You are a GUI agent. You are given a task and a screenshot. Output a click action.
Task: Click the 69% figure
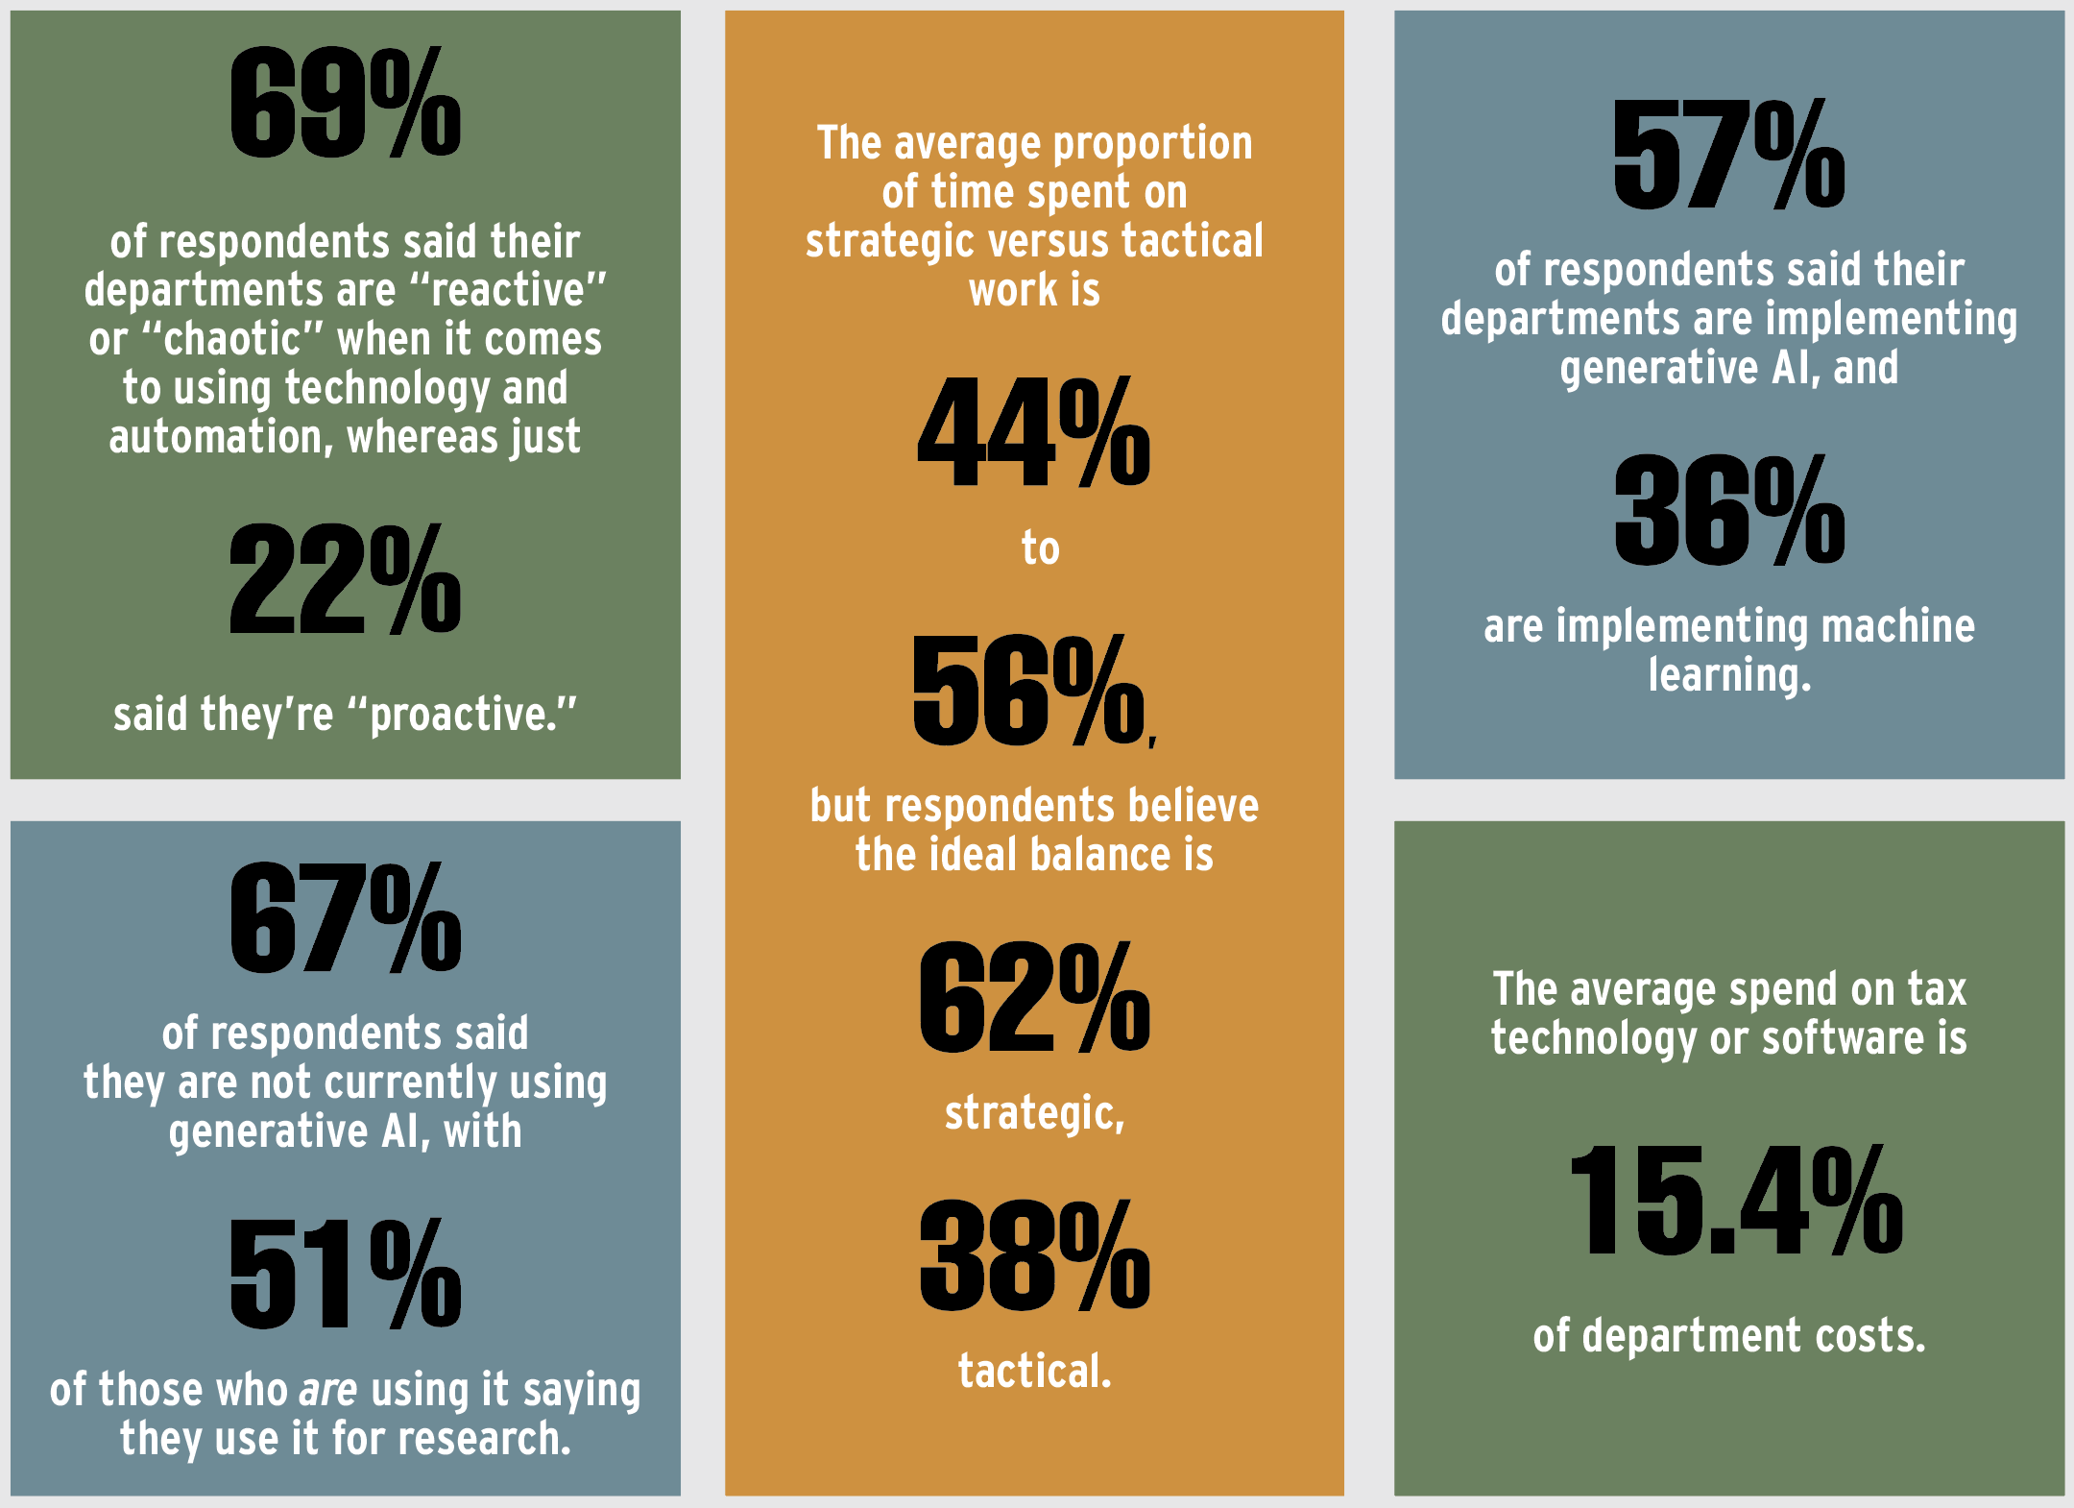pos(345,103)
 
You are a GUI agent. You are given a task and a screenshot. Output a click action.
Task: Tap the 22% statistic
pos(345,579)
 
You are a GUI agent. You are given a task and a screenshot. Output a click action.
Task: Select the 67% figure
pos(345,917)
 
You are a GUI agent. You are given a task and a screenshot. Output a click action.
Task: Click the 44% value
pos(1033,431)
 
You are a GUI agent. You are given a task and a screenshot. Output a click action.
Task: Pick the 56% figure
pos(1029,690)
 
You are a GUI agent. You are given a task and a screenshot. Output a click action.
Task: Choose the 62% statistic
pos(1033,997)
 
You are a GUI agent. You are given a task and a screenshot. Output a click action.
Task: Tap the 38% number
pos(1033,1255)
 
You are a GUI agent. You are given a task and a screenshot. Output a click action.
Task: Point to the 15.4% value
pos(1735,1201)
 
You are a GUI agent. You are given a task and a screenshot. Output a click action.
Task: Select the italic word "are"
pos(328,1390)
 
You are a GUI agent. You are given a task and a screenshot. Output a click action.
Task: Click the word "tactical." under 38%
pos(1034,1371)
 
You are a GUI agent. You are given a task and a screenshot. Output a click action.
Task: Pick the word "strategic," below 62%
pos(1034,1113)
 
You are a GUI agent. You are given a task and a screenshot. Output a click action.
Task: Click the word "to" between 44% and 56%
pos(1040,548)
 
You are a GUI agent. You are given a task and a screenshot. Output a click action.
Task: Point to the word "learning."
pos(1729,675)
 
